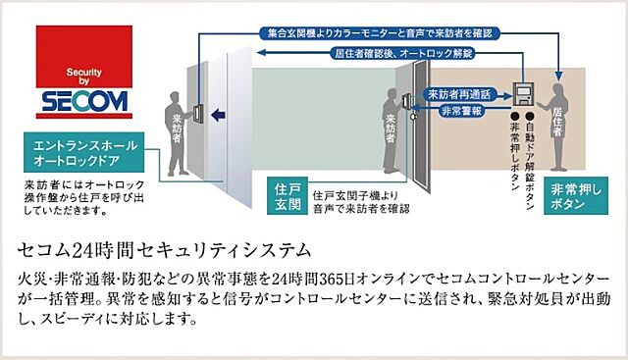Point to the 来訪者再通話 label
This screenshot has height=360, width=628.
(x=459, y=94)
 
